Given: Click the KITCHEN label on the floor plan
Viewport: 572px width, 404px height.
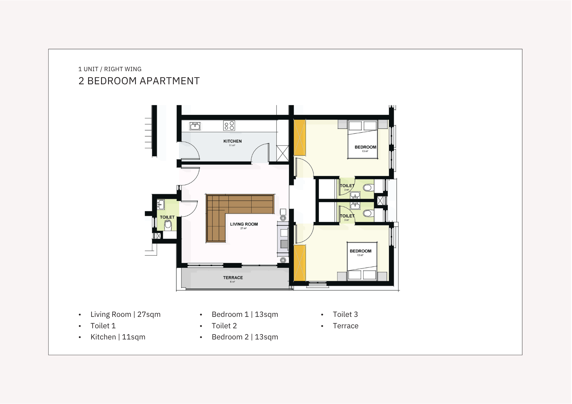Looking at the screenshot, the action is pos(233,141).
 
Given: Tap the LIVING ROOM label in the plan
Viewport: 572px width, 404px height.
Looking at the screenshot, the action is pos(244,224).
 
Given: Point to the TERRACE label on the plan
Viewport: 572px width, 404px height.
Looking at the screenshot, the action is pos(233,278).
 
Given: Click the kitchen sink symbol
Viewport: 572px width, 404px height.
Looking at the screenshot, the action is pos(195,126).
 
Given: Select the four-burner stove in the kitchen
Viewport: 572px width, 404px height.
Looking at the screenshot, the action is pos(229,126).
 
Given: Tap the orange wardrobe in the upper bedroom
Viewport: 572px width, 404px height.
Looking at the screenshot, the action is pos(300,137).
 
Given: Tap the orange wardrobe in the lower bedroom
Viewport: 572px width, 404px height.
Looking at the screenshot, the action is pos(300,263).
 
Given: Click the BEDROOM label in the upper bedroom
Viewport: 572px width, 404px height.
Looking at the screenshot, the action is pos(366,147).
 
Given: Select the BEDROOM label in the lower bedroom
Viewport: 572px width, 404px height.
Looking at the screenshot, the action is pos(361,251).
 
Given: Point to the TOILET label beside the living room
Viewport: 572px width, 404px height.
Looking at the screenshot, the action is pos(167,217).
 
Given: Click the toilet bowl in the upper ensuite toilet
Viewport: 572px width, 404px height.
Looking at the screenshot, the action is pos(368,188).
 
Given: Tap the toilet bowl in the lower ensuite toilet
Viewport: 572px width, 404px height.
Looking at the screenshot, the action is pos(368,213).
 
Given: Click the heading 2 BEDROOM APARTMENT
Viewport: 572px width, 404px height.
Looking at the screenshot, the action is pos(139,81).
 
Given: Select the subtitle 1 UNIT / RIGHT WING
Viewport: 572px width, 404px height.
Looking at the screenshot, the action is pos(110,69).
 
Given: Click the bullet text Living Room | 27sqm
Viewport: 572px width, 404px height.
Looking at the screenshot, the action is pos(126,314).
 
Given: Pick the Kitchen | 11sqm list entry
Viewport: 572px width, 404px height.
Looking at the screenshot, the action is pos(118,337).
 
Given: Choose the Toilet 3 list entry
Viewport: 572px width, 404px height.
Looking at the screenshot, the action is pos(345,314).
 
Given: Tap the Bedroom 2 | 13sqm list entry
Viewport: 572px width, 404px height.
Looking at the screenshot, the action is pos(245,337).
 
